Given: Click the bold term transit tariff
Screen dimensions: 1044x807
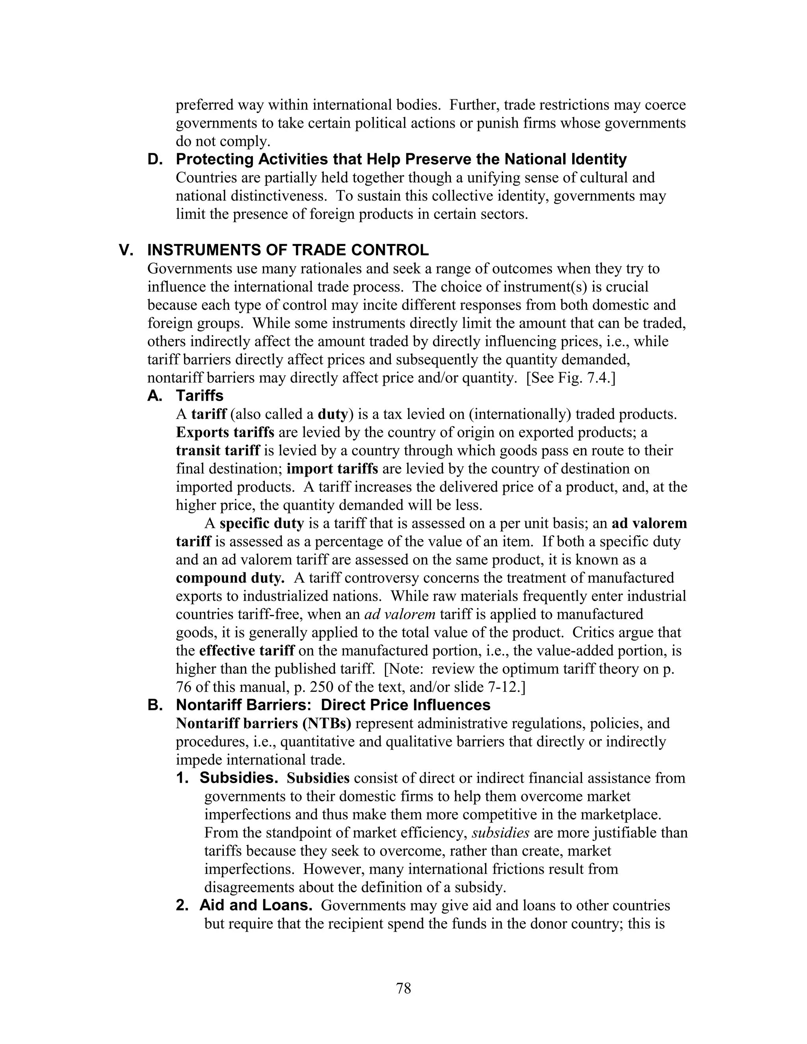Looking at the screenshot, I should click(x=218, y=450).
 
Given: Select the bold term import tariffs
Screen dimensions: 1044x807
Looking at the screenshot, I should click(x=332, y=468).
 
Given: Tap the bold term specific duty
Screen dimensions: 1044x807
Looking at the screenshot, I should click(x=262, y=524).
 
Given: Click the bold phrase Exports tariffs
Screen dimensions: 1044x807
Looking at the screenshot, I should click(x=225, y=432).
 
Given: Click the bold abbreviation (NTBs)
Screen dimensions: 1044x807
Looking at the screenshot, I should click(x=327, y=723).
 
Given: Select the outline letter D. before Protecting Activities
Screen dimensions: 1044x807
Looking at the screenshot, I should click(x=155, y=159).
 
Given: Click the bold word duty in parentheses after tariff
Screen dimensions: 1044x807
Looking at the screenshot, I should click(x=332, y=414).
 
